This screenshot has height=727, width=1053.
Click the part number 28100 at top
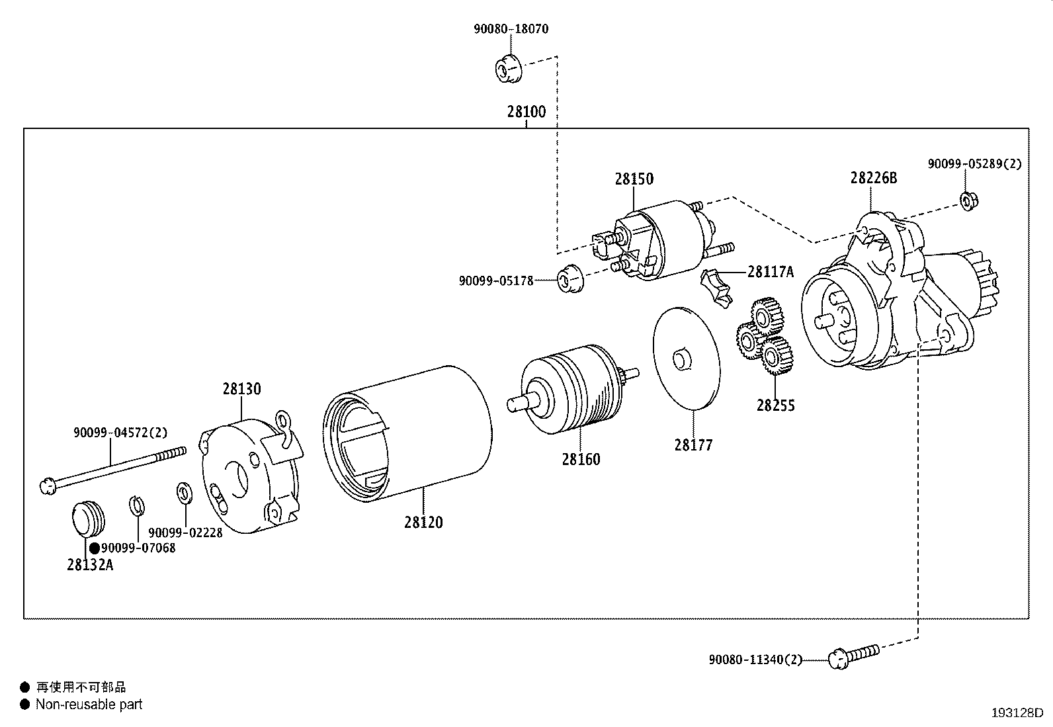tap(526, 111)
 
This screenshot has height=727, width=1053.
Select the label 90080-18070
tap(511, 29)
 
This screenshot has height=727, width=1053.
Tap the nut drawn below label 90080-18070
tap(509, 67)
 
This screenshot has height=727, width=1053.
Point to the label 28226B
tap(874, 178)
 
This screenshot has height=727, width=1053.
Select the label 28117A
tap(771, 271)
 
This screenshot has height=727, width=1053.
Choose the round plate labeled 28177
tap(685, 358)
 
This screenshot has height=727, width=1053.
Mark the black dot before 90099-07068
tap(95, 548)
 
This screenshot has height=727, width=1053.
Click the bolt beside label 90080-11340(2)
tap(853, 656)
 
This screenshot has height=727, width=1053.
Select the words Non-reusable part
tap(89, 705)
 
